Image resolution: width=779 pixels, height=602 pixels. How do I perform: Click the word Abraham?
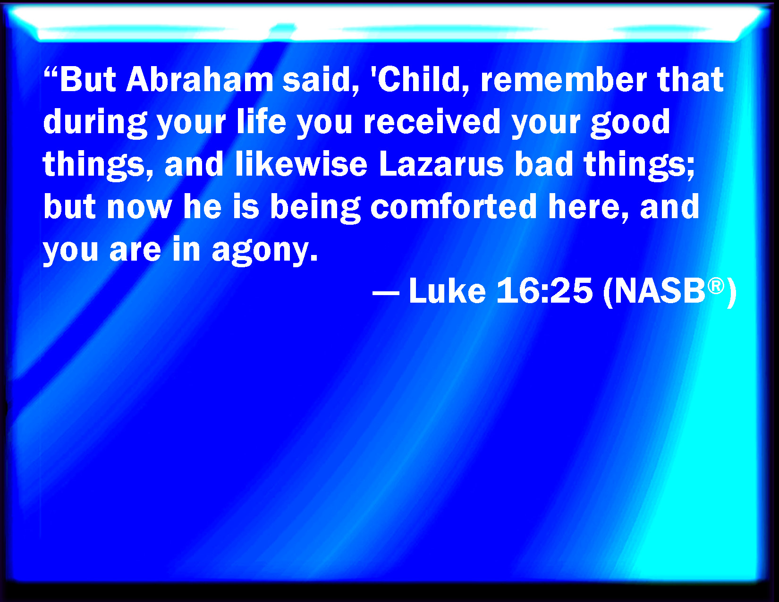click(x=200, y=79)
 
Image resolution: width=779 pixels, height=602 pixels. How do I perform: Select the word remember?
click(x=564, y=79)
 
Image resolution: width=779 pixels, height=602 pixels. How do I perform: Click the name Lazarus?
click(x=441, y=163)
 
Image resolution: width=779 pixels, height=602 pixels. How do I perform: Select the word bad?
click(x=544, y=163)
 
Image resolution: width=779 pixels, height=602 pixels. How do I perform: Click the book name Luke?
click(x=448, y=291)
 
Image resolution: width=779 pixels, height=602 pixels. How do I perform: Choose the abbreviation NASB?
click(x=660, y=291)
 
